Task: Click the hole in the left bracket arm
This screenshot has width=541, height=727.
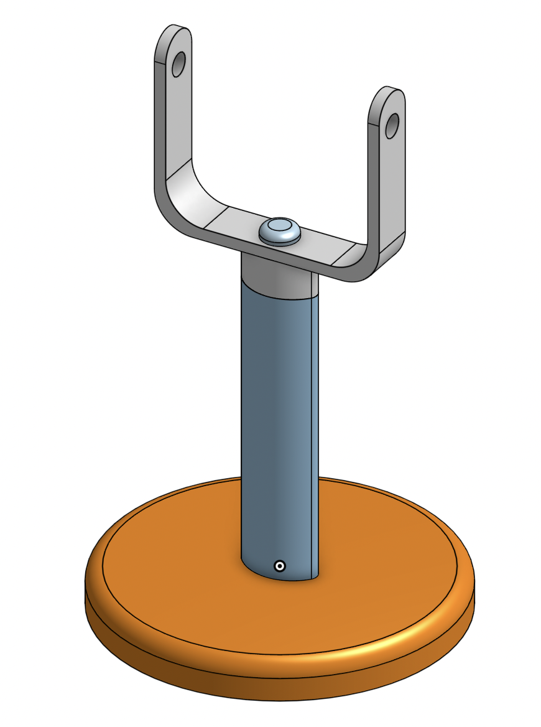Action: [x=178, y=64]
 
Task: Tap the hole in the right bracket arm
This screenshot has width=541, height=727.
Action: [x=392, y=126]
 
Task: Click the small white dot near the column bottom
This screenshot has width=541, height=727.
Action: [x=280, y=566]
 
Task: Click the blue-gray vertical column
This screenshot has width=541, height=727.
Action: [x=274, y=423]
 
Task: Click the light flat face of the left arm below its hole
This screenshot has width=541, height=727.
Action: [x=177, y=118]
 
